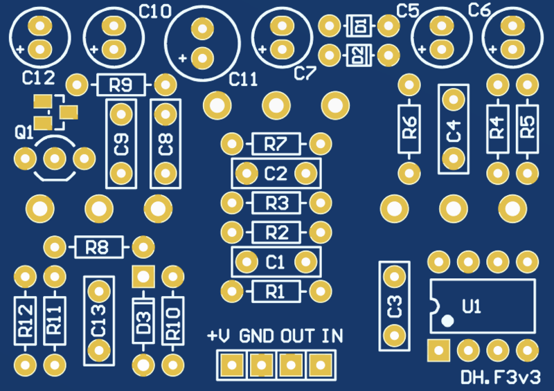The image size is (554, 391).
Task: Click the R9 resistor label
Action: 120,85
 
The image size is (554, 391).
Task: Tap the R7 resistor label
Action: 276,144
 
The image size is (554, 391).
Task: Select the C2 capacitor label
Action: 276,174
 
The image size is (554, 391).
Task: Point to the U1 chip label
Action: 472,307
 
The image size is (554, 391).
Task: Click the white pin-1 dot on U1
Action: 447,320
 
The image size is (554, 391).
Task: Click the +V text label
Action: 219,336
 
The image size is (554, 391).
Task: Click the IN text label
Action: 332,336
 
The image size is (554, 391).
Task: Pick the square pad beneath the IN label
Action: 321,365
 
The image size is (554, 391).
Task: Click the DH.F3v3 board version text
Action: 501,377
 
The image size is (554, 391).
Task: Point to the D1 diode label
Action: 359,26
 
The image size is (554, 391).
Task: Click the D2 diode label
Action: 359,55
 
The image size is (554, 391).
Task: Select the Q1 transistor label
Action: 24,132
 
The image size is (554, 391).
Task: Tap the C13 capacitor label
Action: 98,320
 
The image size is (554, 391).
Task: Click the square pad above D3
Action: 143,277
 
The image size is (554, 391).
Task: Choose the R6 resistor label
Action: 409,127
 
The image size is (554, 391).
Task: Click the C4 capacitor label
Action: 454,131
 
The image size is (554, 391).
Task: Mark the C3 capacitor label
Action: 394,307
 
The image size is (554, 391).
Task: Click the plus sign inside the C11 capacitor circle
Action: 183,58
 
